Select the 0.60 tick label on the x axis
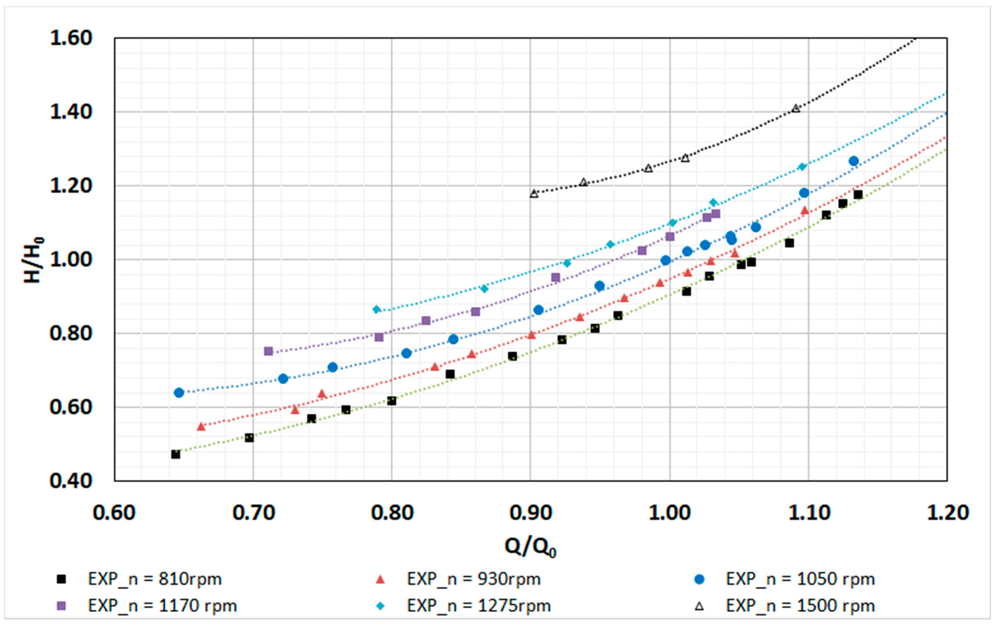pos(114,512)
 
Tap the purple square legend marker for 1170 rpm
pos(62,606)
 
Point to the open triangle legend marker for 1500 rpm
pos(699,606)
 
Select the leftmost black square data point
pos(176,454)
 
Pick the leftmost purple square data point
pos(269,351)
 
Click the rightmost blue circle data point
pos(854,161)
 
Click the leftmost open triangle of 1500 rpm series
pos(534,193)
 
